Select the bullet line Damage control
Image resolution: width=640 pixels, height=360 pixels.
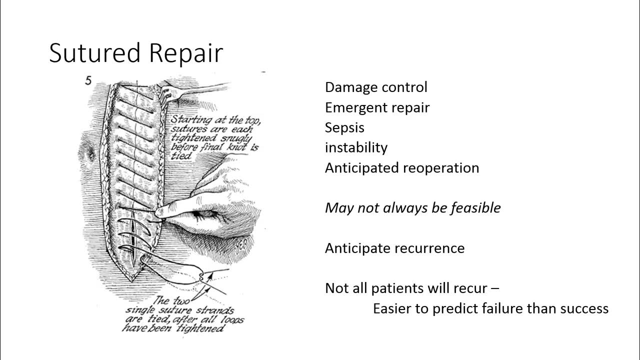[376, 87]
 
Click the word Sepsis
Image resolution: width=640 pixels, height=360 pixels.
[344, 127]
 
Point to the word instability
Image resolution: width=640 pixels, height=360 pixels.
[356, 147]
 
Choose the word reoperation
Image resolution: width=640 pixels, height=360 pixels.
[440, 168]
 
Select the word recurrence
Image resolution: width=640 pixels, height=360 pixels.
[429, 248]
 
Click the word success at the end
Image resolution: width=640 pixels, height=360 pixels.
[584, 308]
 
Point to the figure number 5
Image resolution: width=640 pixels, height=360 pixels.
[88, 80]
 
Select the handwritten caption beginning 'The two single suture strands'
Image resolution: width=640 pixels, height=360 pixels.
[182, 314]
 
